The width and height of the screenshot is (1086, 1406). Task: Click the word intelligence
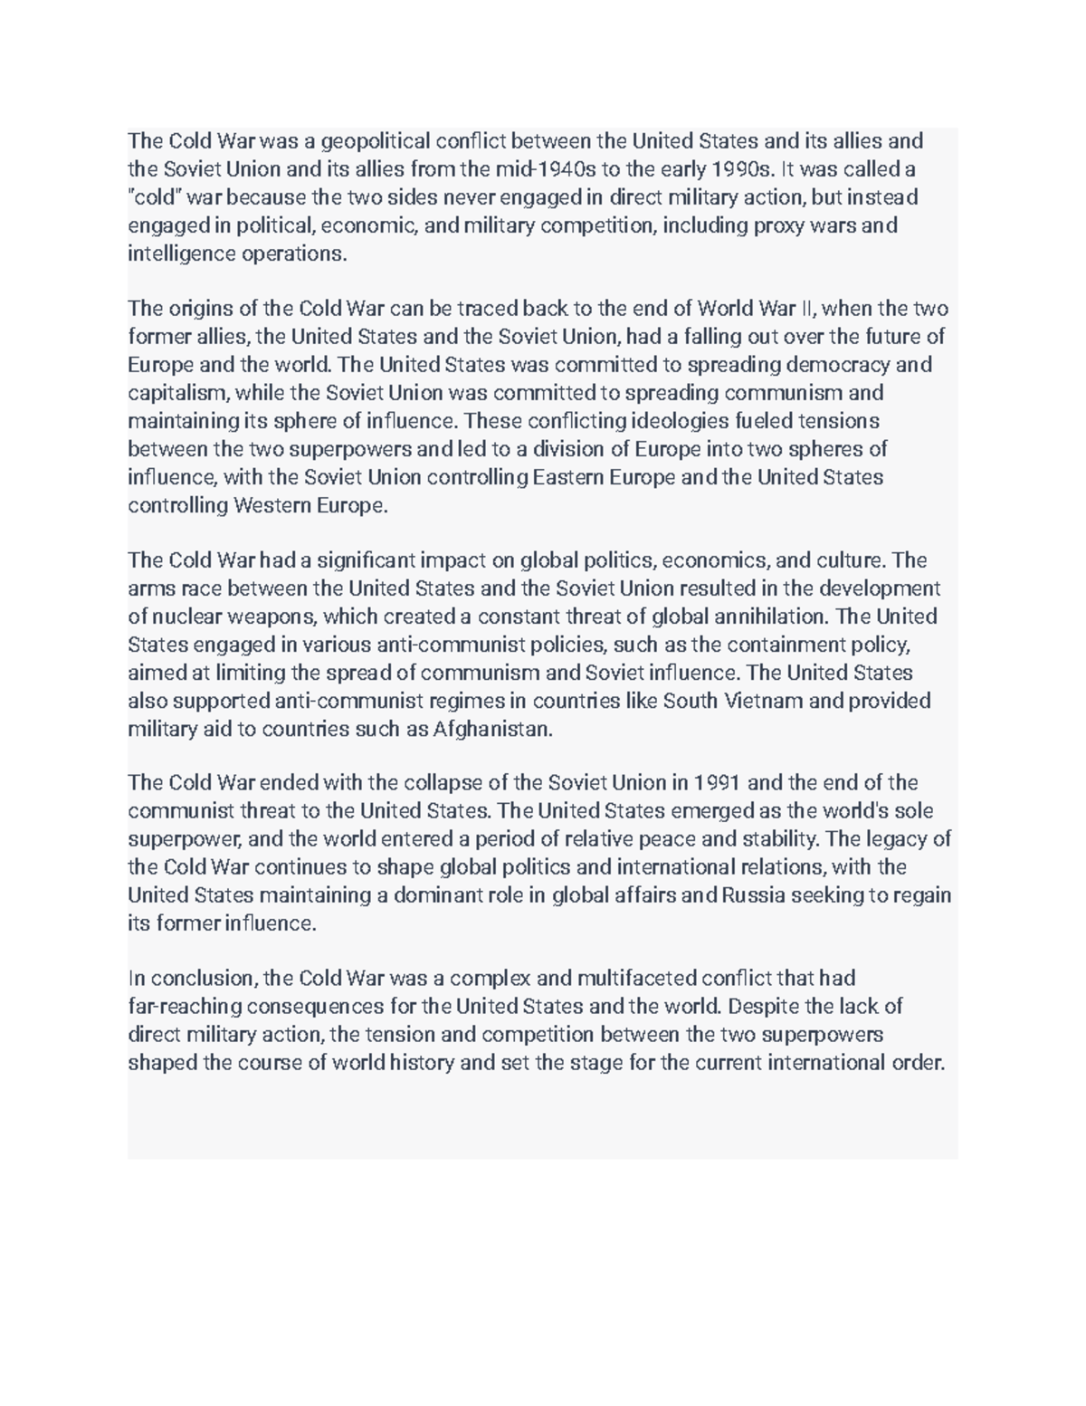[x=181, y=253]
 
